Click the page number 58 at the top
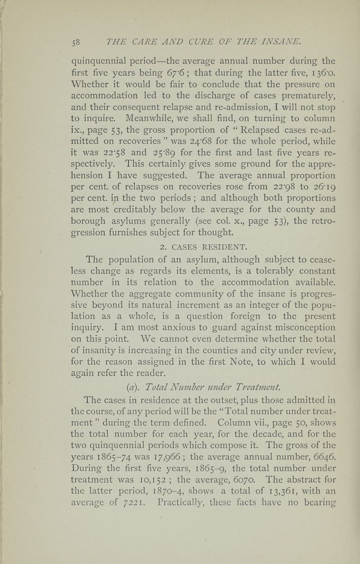[75, 43]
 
